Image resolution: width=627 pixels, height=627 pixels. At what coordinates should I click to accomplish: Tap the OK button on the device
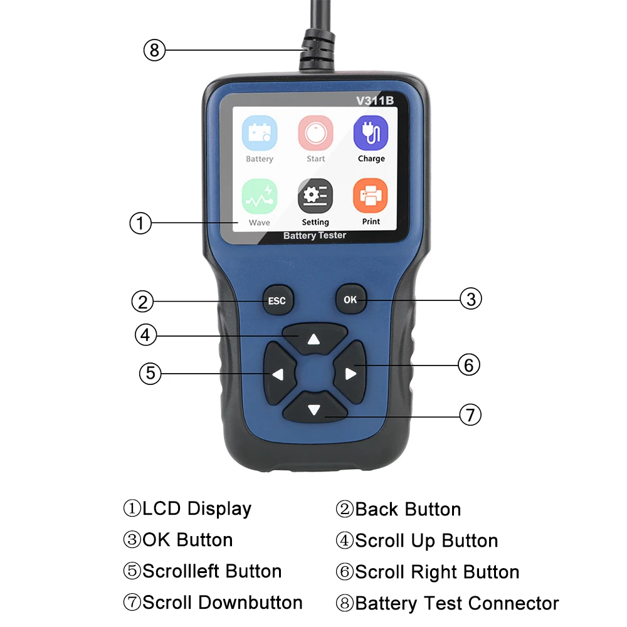(350, 300)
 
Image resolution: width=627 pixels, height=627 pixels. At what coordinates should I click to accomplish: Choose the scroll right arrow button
(350, 374)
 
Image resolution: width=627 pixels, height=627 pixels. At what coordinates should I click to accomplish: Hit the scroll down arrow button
(314, 411)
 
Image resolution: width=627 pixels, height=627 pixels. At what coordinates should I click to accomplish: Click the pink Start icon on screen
(315, 132)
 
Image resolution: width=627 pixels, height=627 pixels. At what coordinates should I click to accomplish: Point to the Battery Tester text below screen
(315, 236)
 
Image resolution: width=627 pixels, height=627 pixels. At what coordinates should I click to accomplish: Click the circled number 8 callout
(154, 50)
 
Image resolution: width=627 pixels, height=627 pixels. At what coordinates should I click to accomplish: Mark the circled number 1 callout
(140, 223)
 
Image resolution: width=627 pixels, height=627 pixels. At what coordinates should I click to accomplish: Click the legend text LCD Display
(197, 508)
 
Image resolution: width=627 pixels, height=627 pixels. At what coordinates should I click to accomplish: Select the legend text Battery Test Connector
(456, 603)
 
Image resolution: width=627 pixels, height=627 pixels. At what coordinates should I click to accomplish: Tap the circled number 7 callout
(470, 414)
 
